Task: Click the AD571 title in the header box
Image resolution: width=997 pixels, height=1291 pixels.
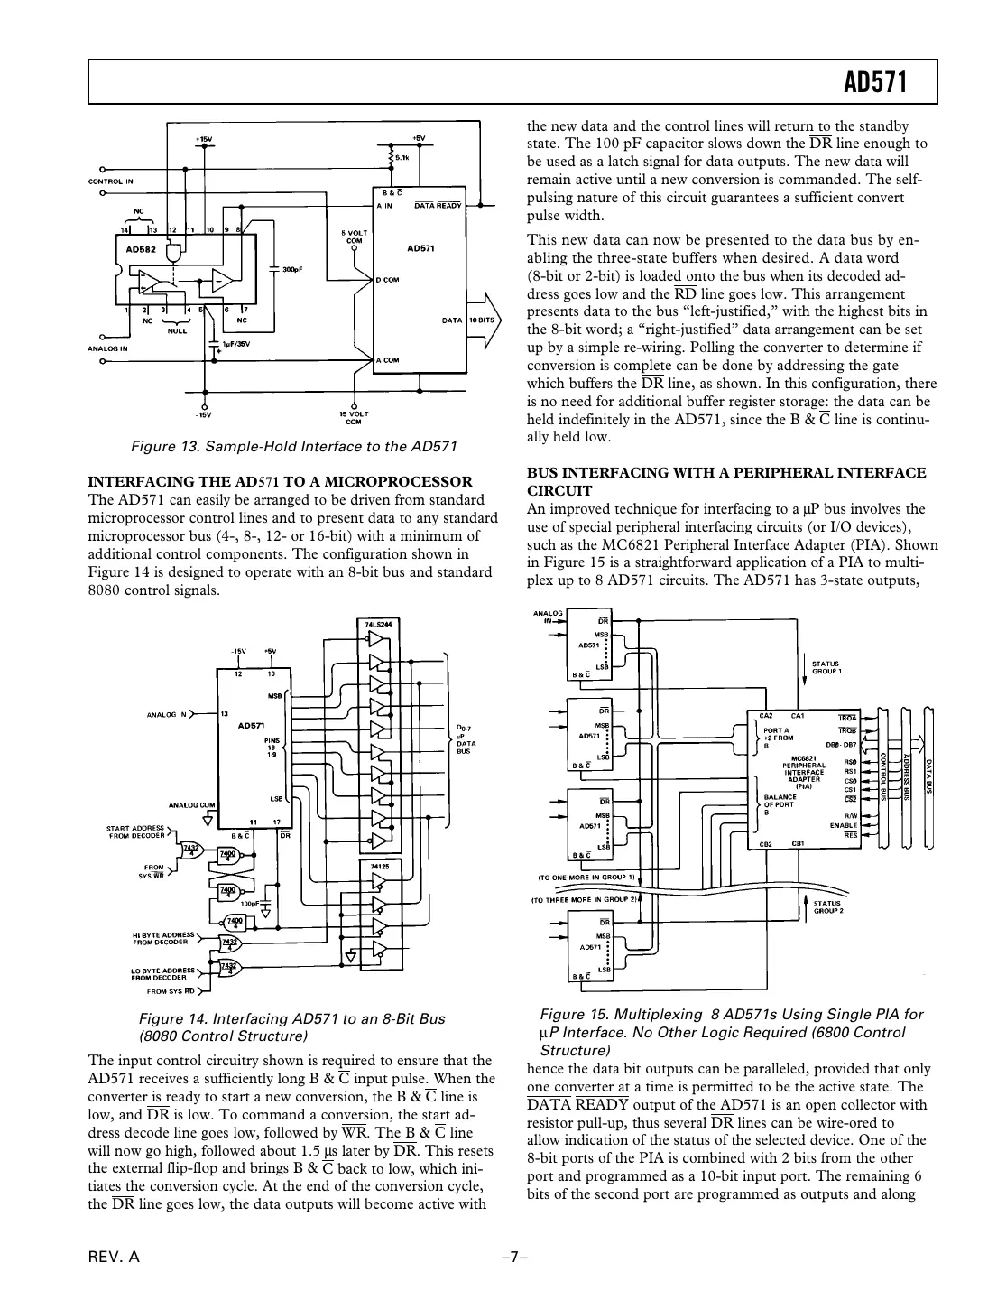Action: [x=874, y=84]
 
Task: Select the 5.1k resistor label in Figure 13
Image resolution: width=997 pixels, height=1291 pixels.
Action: [x=402, y=158]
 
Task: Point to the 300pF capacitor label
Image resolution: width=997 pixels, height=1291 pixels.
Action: [x=293, y=269]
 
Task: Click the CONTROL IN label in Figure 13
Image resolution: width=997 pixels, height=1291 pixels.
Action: [x=111, y=181]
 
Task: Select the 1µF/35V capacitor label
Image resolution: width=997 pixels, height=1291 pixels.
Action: [x=236, y=344]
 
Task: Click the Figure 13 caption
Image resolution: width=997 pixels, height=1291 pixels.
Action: [x=294, y=446]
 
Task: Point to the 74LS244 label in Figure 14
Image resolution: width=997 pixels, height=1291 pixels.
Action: [x=377, y=623]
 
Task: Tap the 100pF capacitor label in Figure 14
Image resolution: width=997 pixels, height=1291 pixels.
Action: [x=250, y=902]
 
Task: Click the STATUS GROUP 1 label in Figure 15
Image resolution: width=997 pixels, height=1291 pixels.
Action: [x=826, y=667]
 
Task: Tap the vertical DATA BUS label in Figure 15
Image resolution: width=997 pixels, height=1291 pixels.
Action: [x=928, y=776]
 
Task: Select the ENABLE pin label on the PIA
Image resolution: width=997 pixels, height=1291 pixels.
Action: [x=843, y=825]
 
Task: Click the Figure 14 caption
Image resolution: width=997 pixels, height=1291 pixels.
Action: [x=291, y=1026]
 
